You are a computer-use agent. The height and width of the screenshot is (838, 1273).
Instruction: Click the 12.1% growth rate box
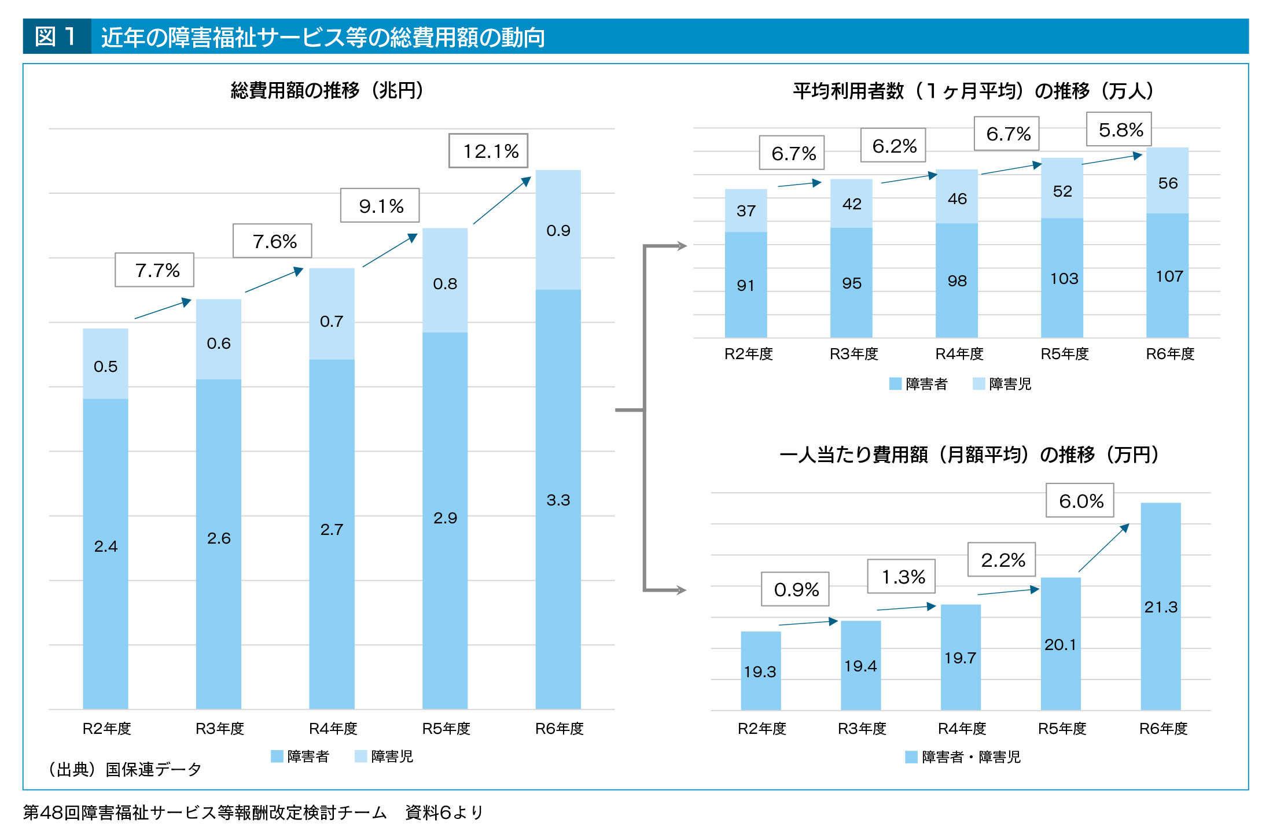(488, 151)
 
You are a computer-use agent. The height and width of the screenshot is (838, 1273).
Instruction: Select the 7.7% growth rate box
(154, 270)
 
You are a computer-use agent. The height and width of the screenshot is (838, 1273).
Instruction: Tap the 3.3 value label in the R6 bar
(558, 500)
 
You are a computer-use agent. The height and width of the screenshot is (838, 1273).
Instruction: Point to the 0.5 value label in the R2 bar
(105, 367)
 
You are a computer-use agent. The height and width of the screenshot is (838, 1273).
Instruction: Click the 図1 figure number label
(56, 36)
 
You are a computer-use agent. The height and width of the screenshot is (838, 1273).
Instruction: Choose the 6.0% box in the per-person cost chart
(1080, 501)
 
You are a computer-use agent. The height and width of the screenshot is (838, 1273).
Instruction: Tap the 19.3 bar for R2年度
(760, 671)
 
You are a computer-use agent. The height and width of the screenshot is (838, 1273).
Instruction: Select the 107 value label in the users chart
(1169, 276)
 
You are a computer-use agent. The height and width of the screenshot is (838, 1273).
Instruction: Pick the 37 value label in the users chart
(746, 211)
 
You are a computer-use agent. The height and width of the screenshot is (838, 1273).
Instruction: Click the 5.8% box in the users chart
(1119, 130)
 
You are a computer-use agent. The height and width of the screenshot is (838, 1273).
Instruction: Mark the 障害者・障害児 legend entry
(963, 757)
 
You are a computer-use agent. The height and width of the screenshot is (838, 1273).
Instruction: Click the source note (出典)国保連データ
(125, 769)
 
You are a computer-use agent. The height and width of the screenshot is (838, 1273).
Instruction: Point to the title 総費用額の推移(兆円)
(327, 91)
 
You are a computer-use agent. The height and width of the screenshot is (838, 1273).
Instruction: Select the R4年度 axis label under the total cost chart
(333, 729)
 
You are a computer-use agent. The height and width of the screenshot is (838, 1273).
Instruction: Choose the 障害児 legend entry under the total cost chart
(384, 756)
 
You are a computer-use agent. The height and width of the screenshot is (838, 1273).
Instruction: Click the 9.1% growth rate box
(380, 206)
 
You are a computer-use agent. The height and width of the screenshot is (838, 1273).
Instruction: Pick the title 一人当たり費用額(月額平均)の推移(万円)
(969, 455)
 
